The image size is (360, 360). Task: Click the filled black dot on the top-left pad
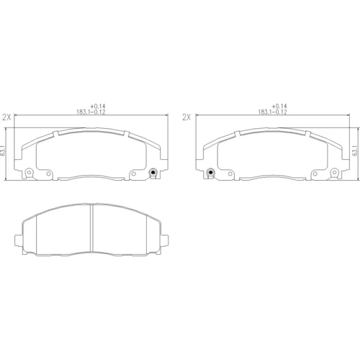pyautogui.click(x=153, y=172)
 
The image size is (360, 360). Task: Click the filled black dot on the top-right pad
pyautogui.click(x=211, y=172)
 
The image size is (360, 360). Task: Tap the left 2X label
pyautogui.click(x=6, y=117)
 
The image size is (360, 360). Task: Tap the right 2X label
pyautogui.click(x=186, y=117)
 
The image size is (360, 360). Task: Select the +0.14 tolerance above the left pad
pyautogui.click(x=98, y=106)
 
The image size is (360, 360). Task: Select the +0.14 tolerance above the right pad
pyautogui.click(x=279, y=106)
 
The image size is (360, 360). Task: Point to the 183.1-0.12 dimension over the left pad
pyautogui.click(x=91, y=112)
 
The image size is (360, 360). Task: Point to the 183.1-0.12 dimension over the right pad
pyautogui.click(x=272, y=112)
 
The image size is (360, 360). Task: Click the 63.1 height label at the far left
pyautogui.click(x=3, y=150)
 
